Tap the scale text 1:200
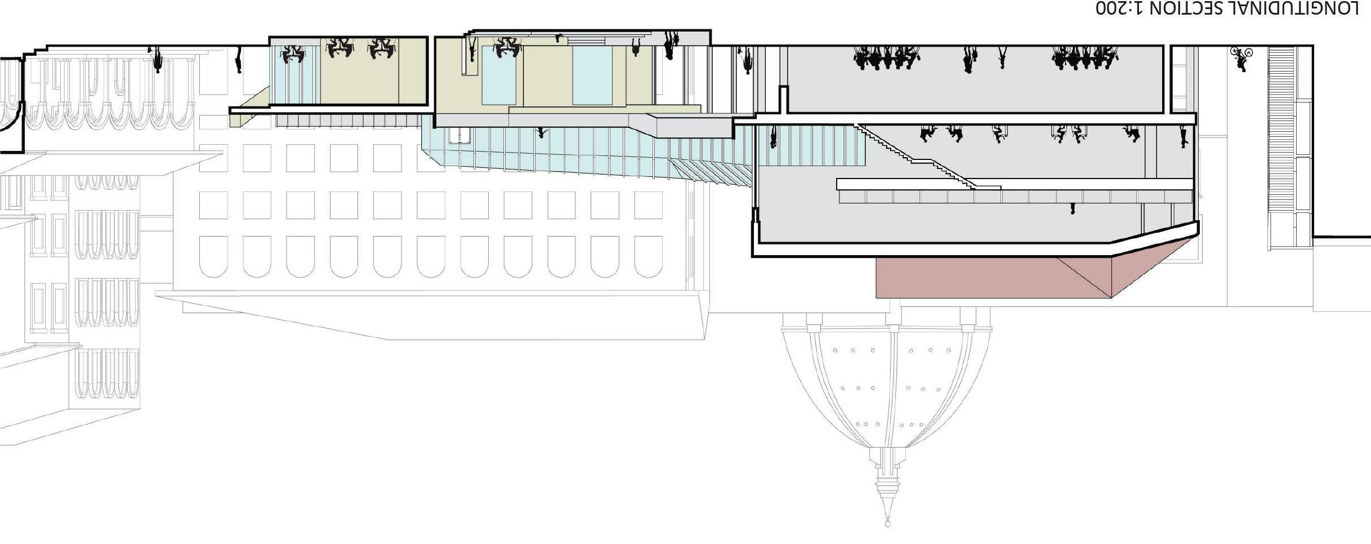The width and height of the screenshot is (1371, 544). point(1123,8)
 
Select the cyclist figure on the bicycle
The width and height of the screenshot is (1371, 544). point(1240,58)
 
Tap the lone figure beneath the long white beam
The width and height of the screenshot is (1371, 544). point(1072,208)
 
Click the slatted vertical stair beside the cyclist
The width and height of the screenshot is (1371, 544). point(1281,146)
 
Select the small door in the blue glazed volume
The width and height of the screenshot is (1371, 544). point(459,136)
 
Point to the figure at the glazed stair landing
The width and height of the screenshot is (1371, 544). point(773,137)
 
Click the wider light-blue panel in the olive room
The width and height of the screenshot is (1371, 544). point(592,75)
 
